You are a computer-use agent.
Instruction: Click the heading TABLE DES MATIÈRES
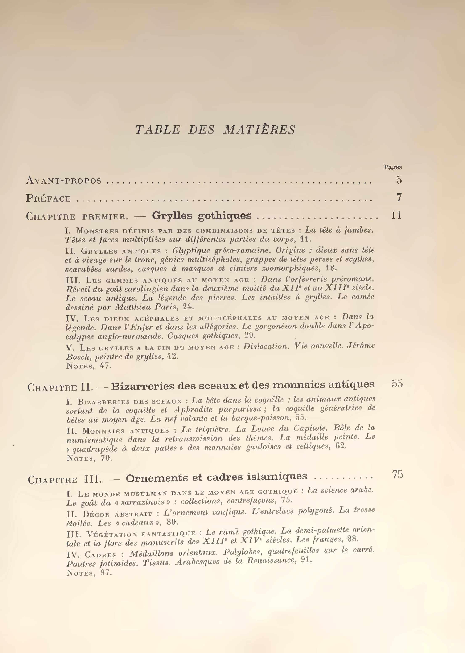coord(215,130)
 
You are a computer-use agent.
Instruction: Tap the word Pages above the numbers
coord(392,167)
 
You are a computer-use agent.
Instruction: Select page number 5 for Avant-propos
coord(399,180)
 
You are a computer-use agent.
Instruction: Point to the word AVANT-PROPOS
coord(63,180)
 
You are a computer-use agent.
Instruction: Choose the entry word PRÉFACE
coord(48,198)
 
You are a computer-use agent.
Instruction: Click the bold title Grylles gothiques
coord(202,215)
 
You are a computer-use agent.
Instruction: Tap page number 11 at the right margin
coord(396,215)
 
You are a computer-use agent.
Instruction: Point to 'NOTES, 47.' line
coord(89,366)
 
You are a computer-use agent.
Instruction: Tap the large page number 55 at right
coord(397,384)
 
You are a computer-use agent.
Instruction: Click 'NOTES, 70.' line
coord(89,458)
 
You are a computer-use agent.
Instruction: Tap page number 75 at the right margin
coord(398,475)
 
